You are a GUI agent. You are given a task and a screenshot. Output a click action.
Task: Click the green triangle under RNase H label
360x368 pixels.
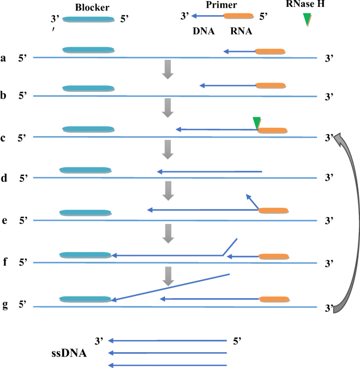(x=307, y=19)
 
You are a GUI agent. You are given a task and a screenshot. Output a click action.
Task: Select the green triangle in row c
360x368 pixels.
(x=256, y=122)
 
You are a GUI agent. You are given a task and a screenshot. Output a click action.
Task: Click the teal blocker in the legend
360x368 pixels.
(x=88, y=19)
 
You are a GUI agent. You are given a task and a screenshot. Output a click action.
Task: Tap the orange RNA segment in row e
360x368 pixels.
(x=273, y=210)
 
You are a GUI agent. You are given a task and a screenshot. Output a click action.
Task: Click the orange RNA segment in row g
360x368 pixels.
(x=274, y=299)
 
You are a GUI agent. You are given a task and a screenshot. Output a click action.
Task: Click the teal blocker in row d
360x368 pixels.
(x=85, y=170)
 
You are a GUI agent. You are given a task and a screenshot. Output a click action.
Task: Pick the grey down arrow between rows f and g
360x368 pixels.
(x=168, y=275)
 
